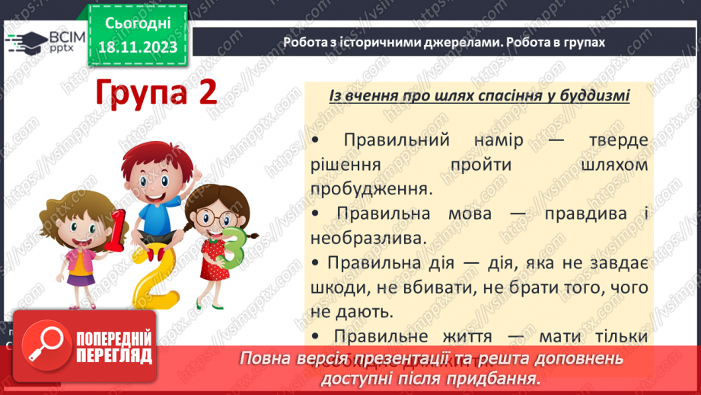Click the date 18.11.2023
point(138,47)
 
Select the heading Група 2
point(156,94)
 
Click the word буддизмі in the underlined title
point(587,96)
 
